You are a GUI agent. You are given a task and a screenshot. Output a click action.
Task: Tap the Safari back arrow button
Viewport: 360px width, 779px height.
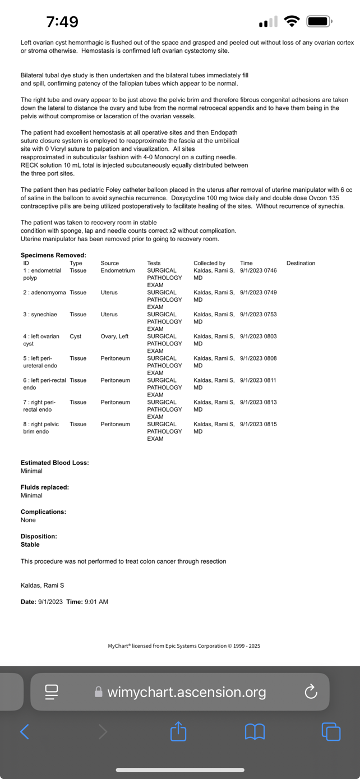[x=25, y=731]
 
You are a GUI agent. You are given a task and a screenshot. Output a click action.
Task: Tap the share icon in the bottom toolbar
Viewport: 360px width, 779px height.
[x=178, y=731]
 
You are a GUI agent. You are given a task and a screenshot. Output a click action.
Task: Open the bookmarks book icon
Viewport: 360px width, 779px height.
[x=255, y=731]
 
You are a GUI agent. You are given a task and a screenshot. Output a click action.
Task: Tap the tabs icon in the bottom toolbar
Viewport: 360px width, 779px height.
[x=331, y=731]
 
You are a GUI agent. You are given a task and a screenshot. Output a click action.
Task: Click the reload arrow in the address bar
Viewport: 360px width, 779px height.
[x=311, y=692]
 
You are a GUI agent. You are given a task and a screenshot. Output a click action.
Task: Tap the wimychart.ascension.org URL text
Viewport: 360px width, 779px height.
[x=186, y=692]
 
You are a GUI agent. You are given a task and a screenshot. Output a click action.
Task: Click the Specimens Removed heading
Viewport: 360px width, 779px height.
[x=53, y=255]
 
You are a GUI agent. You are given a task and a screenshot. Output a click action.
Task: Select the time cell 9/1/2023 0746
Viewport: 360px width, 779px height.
[x=258, y=270]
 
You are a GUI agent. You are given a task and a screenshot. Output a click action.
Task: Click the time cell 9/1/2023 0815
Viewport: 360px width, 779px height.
[x=258, y=424]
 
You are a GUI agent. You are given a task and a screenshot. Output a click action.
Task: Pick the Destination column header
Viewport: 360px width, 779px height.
[x=301, y=263]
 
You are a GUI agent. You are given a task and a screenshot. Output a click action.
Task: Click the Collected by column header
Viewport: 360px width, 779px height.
[x=209, y=263]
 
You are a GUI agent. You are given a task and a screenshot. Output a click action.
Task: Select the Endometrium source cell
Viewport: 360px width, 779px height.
[x=118, y=270]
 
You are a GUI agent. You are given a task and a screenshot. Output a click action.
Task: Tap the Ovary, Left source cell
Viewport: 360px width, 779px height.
[x=114, y=337]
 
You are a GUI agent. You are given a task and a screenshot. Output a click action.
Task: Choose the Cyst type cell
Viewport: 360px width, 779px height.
[x=76, y=337]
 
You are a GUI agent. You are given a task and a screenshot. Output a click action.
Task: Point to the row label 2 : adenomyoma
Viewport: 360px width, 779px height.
[x=44, y=292]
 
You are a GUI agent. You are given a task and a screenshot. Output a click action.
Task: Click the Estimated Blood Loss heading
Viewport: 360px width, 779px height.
[x=54, y=463]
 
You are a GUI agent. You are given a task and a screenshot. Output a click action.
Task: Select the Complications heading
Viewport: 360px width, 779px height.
[x=43, y=511]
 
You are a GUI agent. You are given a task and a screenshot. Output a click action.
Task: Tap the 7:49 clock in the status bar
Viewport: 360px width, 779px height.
[x=62, y=22]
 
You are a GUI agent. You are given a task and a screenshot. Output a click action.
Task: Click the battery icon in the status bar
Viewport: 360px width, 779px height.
[x=319, y=22]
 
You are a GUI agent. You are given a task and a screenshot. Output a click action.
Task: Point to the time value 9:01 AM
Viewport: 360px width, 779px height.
[x=96, y=602]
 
